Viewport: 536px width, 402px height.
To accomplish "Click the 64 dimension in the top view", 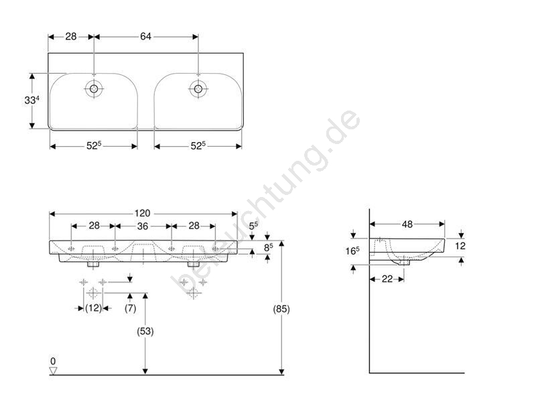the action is point(145,36).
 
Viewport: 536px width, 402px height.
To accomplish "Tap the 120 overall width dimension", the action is point(142,213).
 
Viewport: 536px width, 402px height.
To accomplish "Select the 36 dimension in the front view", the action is point(143,226).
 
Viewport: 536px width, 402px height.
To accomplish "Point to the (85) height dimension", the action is point(281,309).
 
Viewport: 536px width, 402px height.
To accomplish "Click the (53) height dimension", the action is point(145,331).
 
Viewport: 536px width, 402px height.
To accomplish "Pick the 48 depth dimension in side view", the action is point(407,224).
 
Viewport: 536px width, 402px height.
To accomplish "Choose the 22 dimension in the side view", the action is point(387,279).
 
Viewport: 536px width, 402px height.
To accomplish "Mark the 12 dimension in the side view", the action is point(460,246).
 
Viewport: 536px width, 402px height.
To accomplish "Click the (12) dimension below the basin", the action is point(93,308).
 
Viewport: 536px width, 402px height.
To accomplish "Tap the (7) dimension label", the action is point(130,308).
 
